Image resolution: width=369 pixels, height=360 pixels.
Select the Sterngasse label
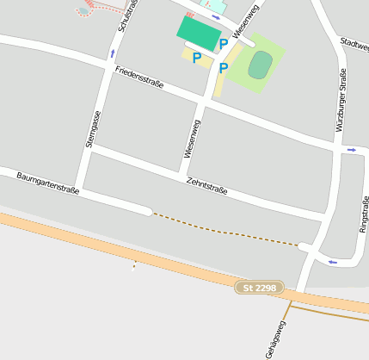pyautogui.click(x=94, y=130)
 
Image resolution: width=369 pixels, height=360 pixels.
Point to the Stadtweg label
pyautogui.click(x=354, y=43)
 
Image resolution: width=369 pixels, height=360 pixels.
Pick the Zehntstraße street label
pyautogui.click(x=206, y=185)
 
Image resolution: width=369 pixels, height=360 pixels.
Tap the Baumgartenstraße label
pyautogui.click(x=47, y=183)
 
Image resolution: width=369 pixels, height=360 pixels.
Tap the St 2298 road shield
pyautogui.click(x=260, y=288)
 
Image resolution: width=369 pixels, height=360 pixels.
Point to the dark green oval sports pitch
pyautogui.click(x=261, y=65)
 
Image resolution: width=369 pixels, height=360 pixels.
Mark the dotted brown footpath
pyautogui.click(x=224, y=231)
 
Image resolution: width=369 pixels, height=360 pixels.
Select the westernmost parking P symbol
pyautogui.click(x=196, y=58)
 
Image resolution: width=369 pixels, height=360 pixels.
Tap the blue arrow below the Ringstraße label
pyautogui.click(x=332, y=261)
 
